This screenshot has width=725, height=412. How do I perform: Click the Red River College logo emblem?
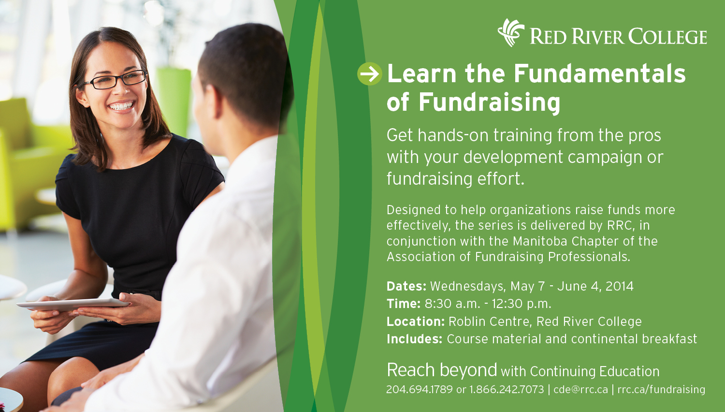511,33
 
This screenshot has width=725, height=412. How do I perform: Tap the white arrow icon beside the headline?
370,74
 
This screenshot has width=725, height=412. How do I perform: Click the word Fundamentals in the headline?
599,74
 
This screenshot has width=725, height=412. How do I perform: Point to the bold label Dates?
406,286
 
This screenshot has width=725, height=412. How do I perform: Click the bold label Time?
404,304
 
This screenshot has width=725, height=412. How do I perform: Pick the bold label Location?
416,322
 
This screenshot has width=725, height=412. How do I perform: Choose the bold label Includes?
415,339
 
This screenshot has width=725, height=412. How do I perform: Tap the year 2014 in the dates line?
619,286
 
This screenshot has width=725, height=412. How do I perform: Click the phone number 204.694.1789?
420,389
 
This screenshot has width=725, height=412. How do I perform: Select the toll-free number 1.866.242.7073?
507,389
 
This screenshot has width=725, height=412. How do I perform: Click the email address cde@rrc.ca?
580,389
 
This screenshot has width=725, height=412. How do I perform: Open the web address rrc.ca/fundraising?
661,389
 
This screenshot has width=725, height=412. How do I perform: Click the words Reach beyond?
442,370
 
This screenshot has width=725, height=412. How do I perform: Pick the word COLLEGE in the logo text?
667,36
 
